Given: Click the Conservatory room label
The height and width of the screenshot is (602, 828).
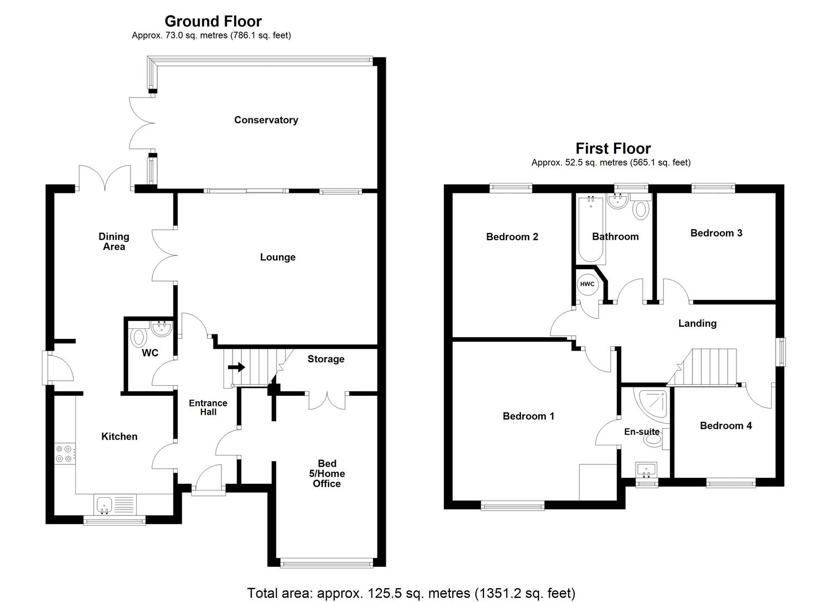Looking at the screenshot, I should point(266,120).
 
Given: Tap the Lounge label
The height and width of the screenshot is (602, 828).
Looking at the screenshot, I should point(277,257).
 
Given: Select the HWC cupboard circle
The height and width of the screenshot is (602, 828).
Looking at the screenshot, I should point(587,284).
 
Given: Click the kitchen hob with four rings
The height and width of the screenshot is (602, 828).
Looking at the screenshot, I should point(64,454).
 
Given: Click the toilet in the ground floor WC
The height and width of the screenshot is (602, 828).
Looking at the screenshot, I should point(138,337).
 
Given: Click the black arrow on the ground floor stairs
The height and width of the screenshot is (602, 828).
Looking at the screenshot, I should point(237,367).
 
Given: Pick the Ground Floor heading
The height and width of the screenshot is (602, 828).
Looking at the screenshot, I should point(212,21).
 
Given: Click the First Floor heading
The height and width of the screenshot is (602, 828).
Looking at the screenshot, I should point(613,148).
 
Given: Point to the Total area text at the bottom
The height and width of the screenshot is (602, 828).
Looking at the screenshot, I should point(411,593).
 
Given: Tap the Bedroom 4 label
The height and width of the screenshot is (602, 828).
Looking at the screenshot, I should point(725,426).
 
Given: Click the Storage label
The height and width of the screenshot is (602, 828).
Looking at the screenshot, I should point(326,359).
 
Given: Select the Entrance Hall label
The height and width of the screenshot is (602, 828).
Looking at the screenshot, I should point(208,407).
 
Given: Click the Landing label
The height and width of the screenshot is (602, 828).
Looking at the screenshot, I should point(697,323).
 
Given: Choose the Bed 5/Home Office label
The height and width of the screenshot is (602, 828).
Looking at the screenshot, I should point(327,473).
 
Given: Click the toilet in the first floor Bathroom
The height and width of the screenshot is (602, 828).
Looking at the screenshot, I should point(641,209).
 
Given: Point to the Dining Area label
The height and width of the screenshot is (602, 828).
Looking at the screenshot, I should point(114,241).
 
